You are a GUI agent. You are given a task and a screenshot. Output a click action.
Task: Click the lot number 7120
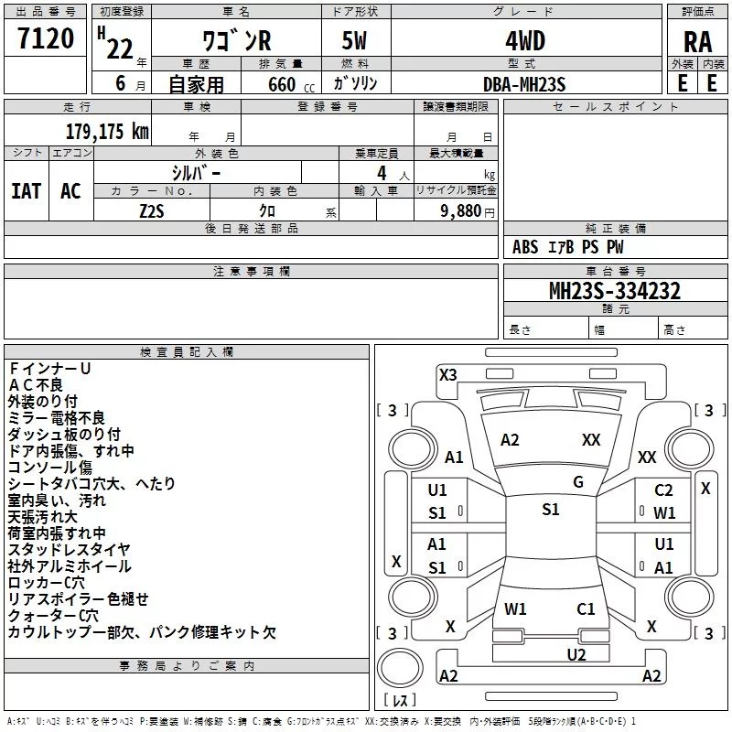click(46, 38)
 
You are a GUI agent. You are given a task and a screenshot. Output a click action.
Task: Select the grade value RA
click(698, 42)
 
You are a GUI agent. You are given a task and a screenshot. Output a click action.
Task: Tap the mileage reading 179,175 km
click(107, 132)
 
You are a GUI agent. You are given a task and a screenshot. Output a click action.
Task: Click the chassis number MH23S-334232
click(615, 291)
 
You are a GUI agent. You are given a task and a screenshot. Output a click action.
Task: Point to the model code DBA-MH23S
click(524, 84)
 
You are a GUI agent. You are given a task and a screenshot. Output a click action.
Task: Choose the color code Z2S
click(152, 211)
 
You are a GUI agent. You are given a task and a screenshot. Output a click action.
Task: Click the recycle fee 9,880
click(461, 211)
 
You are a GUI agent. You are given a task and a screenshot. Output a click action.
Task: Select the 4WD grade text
click(525, 41)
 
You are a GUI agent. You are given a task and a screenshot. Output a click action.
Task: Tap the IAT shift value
click(27, 191)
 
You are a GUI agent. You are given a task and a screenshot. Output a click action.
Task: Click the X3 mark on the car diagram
click(447, 375)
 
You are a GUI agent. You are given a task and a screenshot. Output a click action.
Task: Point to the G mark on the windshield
click(578, 482)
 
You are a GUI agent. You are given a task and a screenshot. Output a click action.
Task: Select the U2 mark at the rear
click(576, 654)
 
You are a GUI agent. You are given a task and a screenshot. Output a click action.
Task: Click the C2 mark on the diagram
click(663, 490)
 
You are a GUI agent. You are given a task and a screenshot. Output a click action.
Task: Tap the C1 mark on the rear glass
click(586, 608)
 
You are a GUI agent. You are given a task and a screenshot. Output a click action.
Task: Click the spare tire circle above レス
click(400, 668)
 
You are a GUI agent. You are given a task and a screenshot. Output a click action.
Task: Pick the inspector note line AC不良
click(36, 385)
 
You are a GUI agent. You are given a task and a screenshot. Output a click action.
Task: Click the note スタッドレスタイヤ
click(70, 550)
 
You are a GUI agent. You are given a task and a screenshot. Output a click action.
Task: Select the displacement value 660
click(282, 84)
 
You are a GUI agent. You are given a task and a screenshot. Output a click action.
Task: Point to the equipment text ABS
click(525, 247)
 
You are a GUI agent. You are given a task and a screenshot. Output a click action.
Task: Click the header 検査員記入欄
click(187, 352)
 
